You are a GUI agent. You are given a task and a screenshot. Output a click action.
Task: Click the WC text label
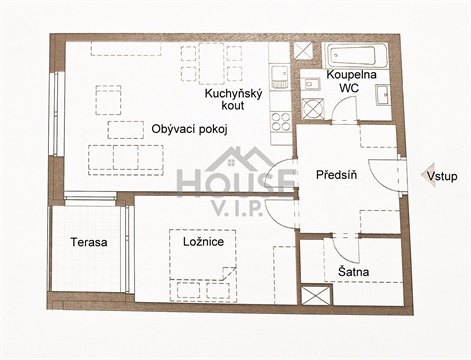pos(349,87)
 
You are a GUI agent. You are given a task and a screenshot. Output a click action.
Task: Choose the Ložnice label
pos(202,241)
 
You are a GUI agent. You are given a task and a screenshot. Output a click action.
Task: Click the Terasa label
pos(89,242)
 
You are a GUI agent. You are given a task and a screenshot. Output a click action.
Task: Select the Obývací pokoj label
pos(191,129)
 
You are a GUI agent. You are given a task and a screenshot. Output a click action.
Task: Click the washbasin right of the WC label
pos(383,94)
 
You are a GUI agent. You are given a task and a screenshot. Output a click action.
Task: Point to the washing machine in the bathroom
pos(313,108)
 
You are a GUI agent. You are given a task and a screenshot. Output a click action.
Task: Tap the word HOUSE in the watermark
pos(236,180)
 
